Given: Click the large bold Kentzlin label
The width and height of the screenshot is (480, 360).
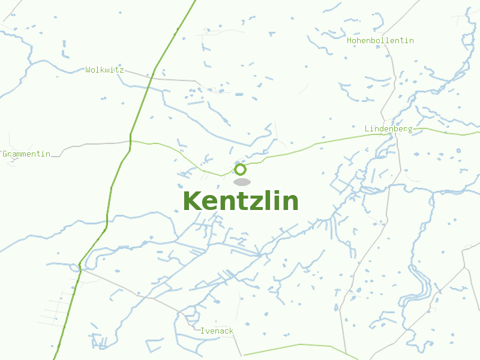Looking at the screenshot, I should click(240, 201).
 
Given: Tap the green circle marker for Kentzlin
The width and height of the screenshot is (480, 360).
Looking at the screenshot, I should click(241, 169).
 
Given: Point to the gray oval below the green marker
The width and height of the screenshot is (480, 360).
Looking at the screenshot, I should click(242, 182).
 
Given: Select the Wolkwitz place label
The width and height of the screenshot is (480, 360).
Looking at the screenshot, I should click(104, 70).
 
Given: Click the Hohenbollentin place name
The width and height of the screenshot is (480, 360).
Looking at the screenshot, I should click(380, 40).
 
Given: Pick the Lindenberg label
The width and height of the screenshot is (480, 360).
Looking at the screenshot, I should click(388, 128).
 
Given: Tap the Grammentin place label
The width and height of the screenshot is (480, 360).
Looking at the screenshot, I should click(26, 154).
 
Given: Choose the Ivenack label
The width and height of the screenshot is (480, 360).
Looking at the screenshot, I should click(217, 331).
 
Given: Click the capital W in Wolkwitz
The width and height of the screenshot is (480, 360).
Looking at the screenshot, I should click(88, 70).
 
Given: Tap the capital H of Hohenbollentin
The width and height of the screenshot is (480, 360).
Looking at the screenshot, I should click(349, 40).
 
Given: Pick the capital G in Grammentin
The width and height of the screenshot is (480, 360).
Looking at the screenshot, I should click(5, 154).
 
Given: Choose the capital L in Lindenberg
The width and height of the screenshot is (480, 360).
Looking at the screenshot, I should click(367, 128).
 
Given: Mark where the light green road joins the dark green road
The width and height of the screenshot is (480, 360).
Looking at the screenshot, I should click(130, 142).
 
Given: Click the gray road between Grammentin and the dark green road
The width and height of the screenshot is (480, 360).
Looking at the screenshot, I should click(90, 145).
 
